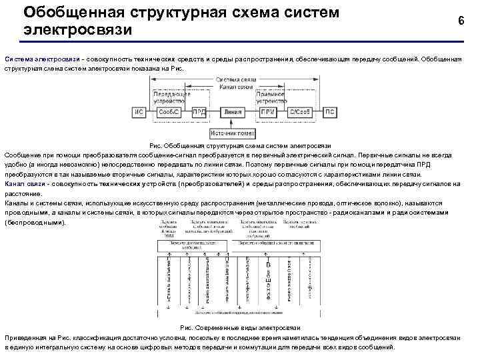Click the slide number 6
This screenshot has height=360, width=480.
[x=461, y=21]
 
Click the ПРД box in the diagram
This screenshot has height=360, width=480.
[x=199, y=112]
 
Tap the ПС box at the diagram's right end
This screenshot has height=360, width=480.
[x=329, y=112]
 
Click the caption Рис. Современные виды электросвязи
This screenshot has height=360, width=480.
[x=239, y=328]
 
